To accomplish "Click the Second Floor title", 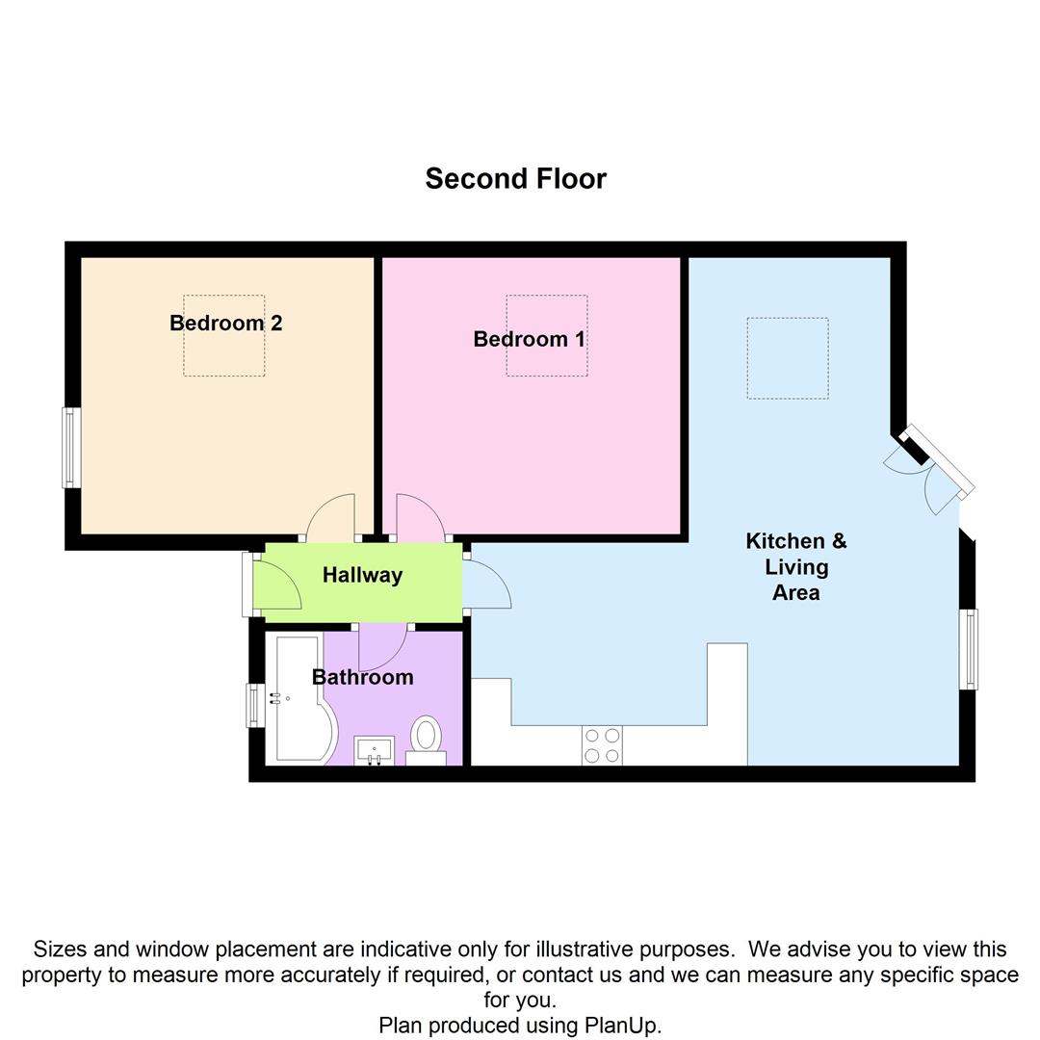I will [515, 179].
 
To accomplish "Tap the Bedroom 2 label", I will [225, 323].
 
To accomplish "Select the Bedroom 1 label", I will [529, 339].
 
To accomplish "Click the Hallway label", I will [362, 575].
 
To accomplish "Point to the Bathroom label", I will [363, 677].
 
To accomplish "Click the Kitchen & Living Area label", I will [796, 566].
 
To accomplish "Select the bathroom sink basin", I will [374, 749].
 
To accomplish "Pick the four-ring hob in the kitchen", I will [602, 746].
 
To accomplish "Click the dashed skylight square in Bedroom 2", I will [224, 336].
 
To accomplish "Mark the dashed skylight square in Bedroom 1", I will [547, 336].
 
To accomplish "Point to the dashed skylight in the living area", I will [788, 358].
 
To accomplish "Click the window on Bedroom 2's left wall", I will [71, 447].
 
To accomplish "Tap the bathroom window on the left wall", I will [254, 705].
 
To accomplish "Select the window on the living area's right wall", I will [970, 649].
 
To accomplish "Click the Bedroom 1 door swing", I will [419, 518].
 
